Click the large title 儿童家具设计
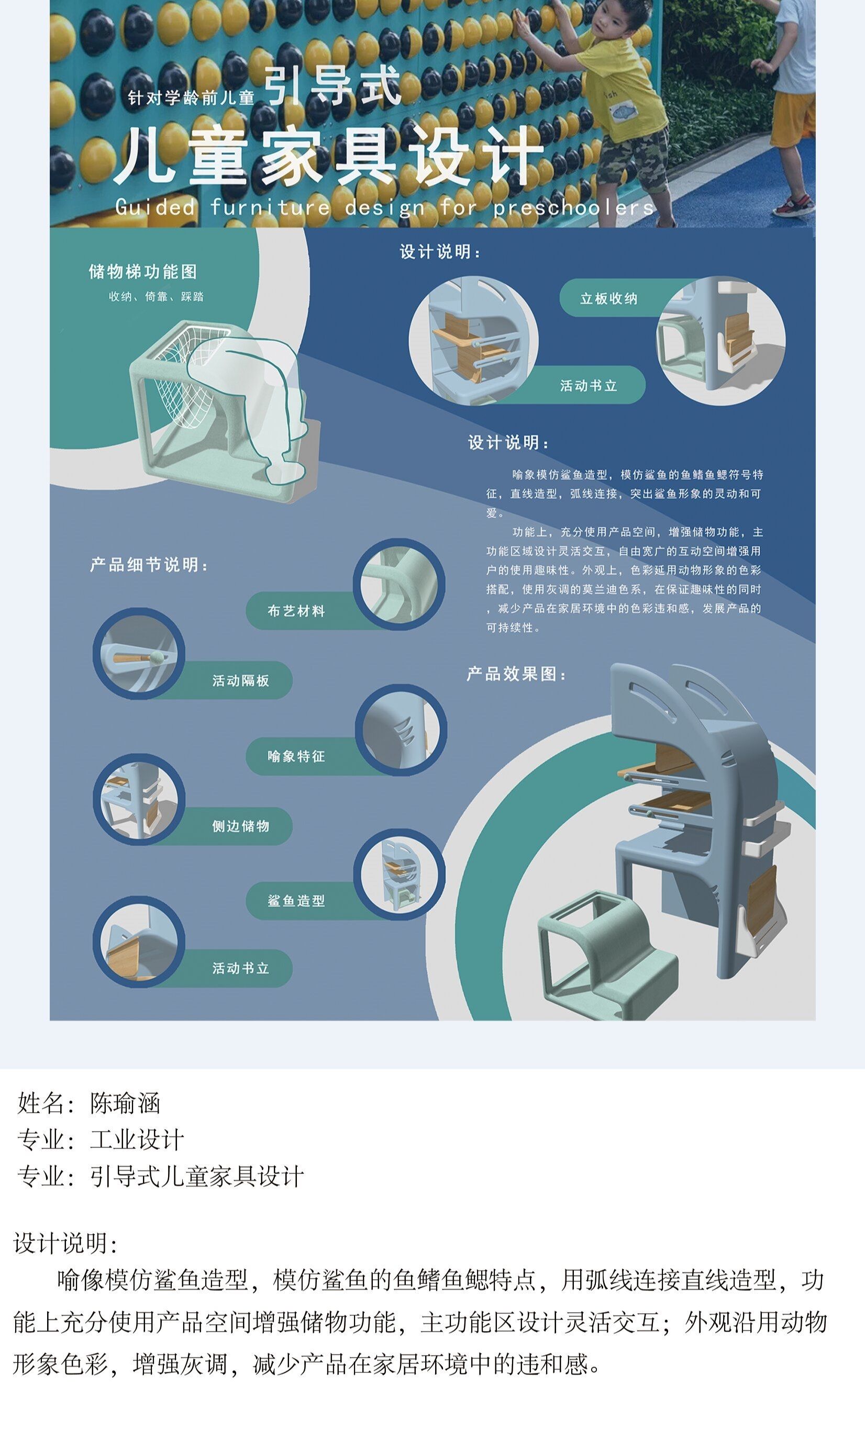coord(329,156)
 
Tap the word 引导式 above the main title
coord(333,86)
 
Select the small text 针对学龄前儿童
coord(191,97)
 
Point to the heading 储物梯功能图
coord(143,272)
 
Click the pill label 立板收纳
coord(608,298)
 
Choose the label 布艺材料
coord(296,610)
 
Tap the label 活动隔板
coord(241,680)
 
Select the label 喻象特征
coord(296,756)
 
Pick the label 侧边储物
coord(241,826)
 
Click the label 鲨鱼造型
coord(296,901)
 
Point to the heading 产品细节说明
coord(149,565)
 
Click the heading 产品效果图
coord(516,674)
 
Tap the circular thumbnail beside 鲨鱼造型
coord(400,875)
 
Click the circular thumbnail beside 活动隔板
coord(139,654)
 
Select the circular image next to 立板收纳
coord(721,340)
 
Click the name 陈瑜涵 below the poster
coord(125,1103)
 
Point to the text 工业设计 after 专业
coord(137,1140)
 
